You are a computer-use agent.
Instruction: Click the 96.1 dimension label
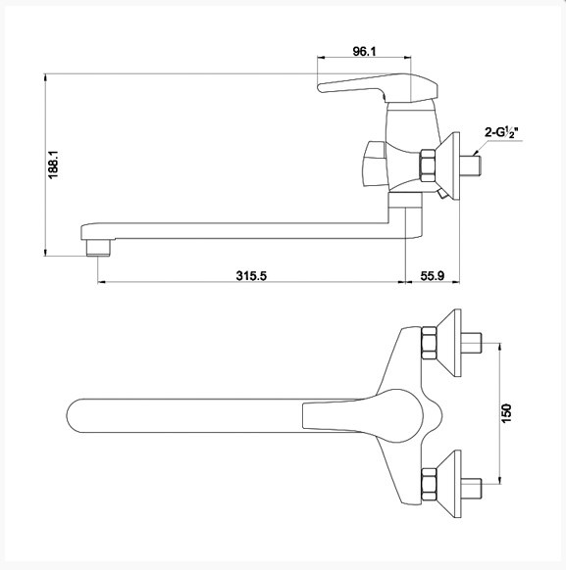[x=364, y=51]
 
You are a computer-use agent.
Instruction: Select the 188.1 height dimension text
[x=53, y=165]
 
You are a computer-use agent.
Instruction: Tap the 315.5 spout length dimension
[x=251, y=275]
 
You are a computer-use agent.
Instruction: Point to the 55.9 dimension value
[x=433, y=275]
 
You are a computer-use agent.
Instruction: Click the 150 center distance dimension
[x=506, y=413]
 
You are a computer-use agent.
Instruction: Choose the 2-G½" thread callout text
[x=501, y=132]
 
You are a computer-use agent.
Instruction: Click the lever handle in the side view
[x=378, y=87]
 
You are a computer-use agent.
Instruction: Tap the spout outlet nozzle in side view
[x=98, y=248]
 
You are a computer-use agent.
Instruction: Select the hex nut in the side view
[x=428, y=166]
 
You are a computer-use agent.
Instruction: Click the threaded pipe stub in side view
[x=471, y=166]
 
